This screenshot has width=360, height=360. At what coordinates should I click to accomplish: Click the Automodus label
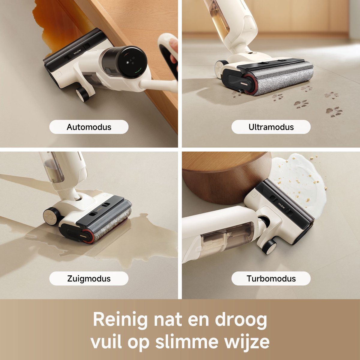pyautogui.click(x=89, y=127)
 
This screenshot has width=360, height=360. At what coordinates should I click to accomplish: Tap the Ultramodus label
pyautogui.click(x=271, y=127)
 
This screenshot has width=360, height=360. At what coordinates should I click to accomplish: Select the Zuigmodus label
pyautogui.click(x=89, y=278)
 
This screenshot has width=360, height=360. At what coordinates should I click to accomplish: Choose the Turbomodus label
pyautogui.click(x=271, y=278)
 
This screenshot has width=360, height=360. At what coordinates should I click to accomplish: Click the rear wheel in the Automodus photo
pyautogui.click(x=82, y=94)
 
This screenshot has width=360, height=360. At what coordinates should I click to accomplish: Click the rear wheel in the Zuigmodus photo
pyautogui.click(x=51, y=215)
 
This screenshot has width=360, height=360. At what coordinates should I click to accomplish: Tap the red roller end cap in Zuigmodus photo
pyautogui.click(x=88, y=236)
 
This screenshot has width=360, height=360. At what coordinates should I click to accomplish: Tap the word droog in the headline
pyautogui.click(x=241, y=320)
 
